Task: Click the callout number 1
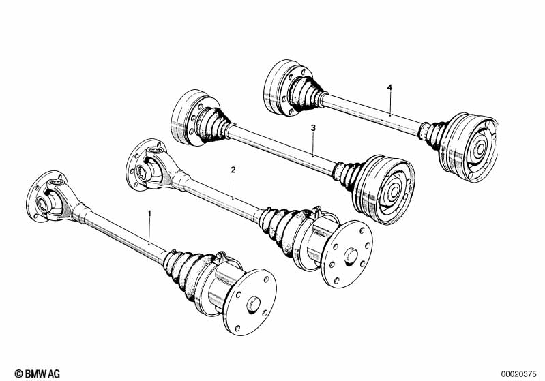150,213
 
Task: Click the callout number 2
233,170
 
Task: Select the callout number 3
313,128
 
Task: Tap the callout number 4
389,87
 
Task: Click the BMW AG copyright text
38,374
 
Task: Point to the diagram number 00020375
518,374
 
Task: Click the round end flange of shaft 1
250,302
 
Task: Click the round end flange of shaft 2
347,254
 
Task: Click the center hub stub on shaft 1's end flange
253,305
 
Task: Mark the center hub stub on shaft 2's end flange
351,256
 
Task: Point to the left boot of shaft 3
212,124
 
